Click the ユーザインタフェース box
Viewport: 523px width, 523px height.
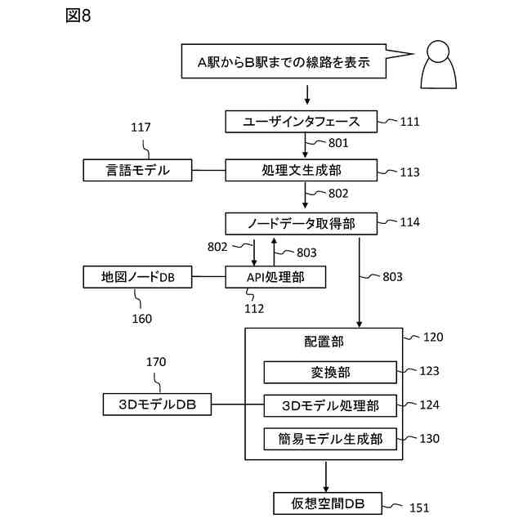302,122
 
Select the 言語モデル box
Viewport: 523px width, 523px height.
137,170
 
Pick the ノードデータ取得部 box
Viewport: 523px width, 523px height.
302,222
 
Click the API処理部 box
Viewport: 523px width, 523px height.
275,277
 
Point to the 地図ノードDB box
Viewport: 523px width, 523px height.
137,277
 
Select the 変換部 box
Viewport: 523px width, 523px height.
329,372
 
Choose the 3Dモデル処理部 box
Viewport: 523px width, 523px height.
329,405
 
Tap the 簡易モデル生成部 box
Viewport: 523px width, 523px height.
329,438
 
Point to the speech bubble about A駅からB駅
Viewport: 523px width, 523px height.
286,61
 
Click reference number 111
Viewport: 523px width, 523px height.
409,122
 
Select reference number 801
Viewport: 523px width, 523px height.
338,143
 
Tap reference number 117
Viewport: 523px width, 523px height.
141,127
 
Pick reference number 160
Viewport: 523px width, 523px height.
141,319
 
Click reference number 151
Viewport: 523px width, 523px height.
419,507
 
